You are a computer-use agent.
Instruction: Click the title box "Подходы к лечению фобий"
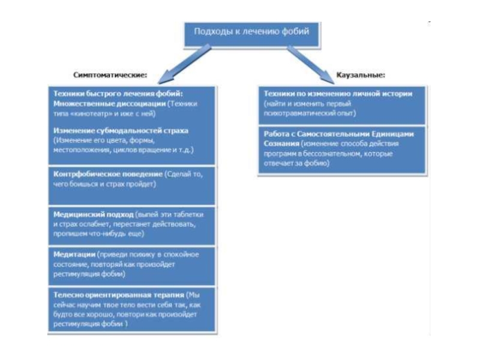tap(251, 32)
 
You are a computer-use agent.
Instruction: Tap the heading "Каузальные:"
tap(359, 76)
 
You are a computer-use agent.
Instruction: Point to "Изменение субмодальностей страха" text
tap(121, 130)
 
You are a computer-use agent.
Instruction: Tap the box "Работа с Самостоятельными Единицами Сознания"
tap(343, 150)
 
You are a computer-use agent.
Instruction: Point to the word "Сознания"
tap(282, 145)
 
